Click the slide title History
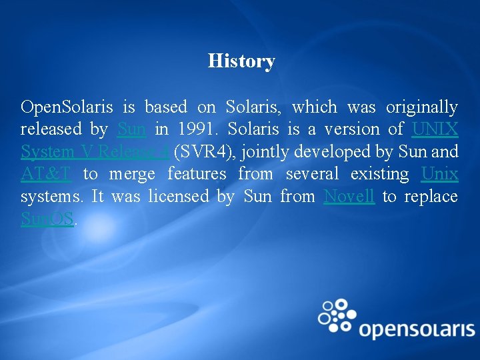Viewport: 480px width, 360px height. coord(241,61)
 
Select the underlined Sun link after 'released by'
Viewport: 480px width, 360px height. coord(131,129)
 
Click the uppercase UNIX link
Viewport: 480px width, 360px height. coord(435,129)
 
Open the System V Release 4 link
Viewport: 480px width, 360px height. coord(94,152)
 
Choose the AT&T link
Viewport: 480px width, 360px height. coord(45,174)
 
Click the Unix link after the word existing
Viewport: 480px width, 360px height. coord(440,174)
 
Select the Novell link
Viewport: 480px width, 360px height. coord(349,197)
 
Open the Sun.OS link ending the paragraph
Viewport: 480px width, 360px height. coord(47,219)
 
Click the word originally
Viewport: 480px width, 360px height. coord(422,107)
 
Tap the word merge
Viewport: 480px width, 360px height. coord(132,174)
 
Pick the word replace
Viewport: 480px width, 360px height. coord(432,197)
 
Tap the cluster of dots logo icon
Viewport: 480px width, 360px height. coord(338,313)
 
